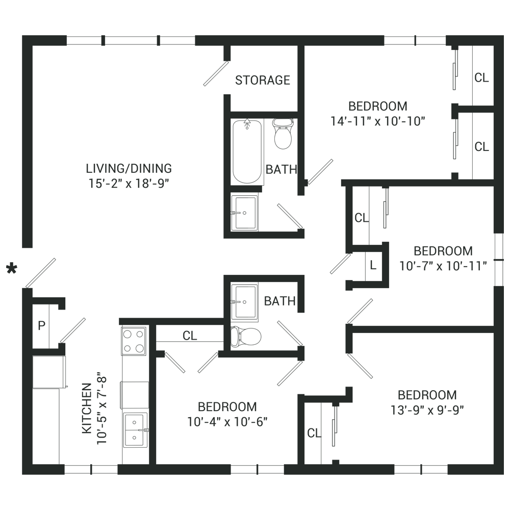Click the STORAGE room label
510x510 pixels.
click(x=263, y=80)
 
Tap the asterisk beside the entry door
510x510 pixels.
click(x=12, y=269)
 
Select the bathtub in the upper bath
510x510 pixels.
click(x=247, y=152)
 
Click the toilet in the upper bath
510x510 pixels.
click(x=283, y=133)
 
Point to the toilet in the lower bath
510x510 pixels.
click(x=246, y=336)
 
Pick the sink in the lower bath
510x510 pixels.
click(x=245, y=302)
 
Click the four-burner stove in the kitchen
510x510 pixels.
click(x=133, y=341)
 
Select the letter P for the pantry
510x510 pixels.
click(x=41, y=325)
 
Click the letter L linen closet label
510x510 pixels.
click(x=373, y=265)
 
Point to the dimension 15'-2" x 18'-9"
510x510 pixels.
click(x=129, y=184)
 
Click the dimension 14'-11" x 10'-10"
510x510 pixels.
click(x=378, y=121)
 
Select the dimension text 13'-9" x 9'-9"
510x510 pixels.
click(x=427, y=410)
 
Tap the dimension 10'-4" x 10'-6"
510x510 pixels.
click(x=227, y=422)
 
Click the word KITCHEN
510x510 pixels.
click(x=87, y=408)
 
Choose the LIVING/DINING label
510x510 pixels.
click(x=129, y=168)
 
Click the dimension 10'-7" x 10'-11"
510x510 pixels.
click(x=443, y=266)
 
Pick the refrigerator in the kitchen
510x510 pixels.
click(x=49, y=372)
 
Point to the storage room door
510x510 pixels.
click(x=216, y=73)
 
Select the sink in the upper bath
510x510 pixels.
click(x=245, y=213)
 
